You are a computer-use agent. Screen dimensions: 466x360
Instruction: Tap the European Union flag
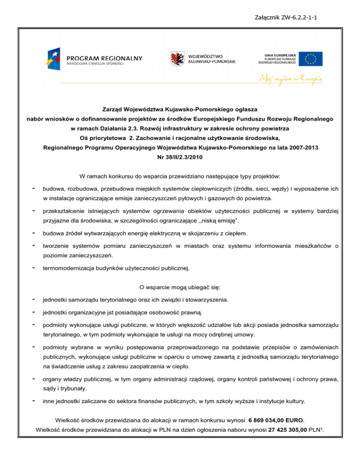click(311, 58)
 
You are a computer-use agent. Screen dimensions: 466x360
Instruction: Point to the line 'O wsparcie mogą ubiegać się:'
click(180, 286)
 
